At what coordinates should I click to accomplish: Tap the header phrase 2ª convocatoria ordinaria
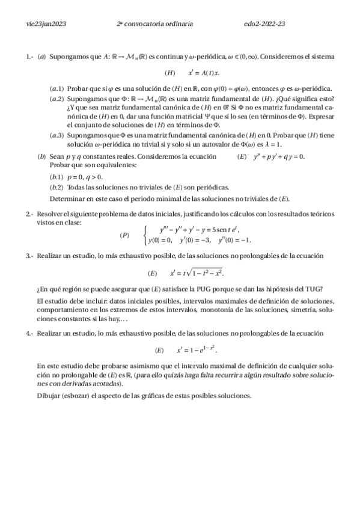tap(155, 23)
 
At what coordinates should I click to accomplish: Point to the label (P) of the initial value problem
tap(124, 235)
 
